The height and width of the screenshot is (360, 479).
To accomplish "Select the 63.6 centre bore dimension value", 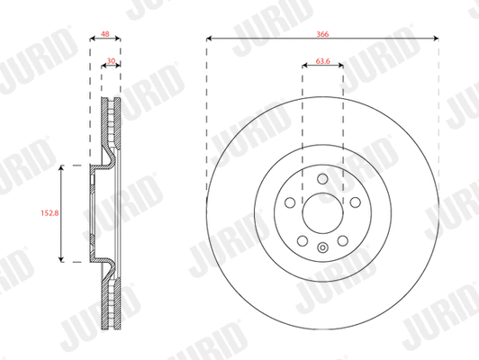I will pyautogui.click(x=322, y=63).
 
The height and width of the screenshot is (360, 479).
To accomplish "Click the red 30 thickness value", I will pyautogui.click(x=110, y=63).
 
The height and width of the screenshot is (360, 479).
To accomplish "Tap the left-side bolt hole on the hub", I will pyautogui.click(x=290, y=202).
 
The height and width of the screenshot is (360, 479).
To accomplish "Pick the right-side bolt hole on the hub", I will pyautogui.click(x=355, y=202).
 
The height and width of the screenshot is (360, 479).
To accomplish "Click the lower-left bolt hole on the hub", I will pyautogui.click(x=303, y=239).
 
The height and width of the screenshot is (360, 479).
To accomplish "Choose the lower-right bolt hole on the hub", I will pyautogui.click(x=342, y=239).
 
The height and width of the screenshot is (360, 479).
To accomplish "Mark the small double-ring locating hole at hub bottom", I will pyautogui.click(x=322, y=247).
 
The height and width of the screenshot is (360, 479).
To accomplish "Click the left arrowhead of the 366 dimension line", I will pyautogui.click(x=209, y=39).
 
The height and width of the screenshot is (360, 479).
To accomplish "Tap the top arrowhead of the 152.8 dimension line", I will pyautogui.click(x=60, y=167).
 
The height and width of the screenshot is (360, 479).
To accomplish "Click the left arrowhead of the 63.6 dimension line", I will pyautogui.click(x=303, y=70).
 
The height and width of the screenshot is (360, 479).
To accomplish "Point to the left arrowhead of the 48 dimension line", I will pyautogui.click(x=94, y=39).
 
